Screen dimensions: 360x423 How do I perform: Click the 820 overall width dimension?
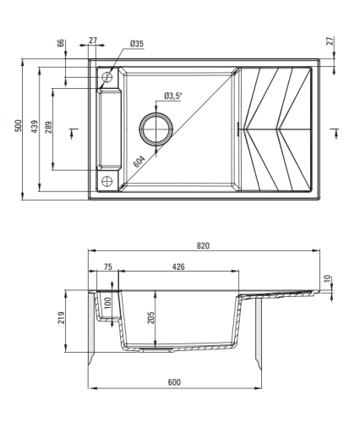(203, 245)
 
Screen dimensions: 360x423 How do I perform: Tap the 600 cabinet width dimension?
(174, 382)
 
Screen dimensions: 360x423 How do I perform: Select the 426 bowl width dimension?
(178, 266)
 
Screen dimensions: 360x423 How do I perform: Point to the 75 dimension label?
(108, 266)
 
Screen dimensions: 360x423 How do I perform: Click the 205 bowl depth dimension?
(151, 317)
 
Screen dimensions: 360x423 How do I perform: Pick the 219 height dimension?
(61, 317)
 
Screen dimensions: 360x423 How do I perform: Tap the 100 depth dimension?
(108, 303)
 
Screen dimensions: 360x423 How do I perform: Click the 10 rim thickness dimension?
(327, 278)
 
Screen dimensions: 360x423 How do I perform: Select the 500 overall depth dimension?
(18, 126)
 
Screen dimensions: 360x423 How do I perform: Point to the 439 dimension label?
(35, 127)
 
